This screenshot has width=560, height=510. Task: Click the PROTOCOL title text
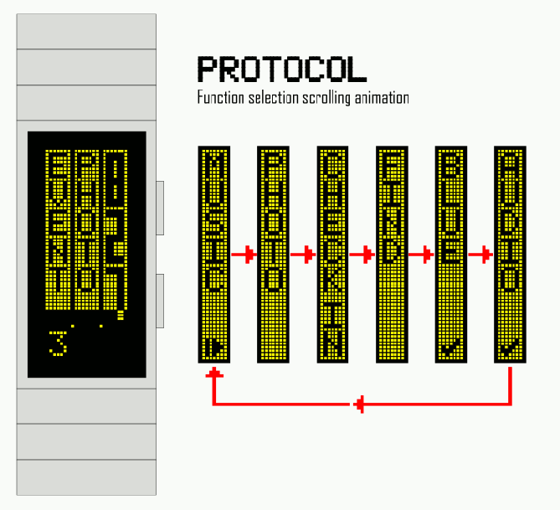(281, 70)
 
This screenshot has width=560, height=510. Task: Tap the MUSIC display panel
(214, 254)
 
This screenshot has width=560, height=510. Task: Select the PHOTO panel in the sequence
(274, 254)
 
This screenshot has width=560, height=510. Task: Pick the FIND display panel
(392, 254)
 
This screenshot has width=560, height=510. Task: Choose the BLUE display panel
(451, 254)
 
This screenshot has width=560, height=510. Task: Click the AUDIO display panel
(510, 254)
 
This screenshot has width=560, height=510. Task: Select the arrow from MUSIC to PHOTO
(244, 255)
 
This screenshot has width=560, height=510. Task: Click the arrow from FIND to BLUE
(421, 255)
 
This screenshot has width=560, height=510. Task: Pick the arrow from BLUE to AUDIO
(480, 255)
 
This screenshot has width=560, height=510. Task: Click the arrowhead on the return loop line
(360, 405)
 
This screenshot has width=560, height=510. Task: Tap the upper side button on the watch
(160, 206)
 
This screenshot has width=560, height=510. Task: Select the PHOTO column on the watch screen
(85, 224)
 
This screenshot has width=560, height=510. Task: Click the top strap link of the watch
(86, 31)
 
